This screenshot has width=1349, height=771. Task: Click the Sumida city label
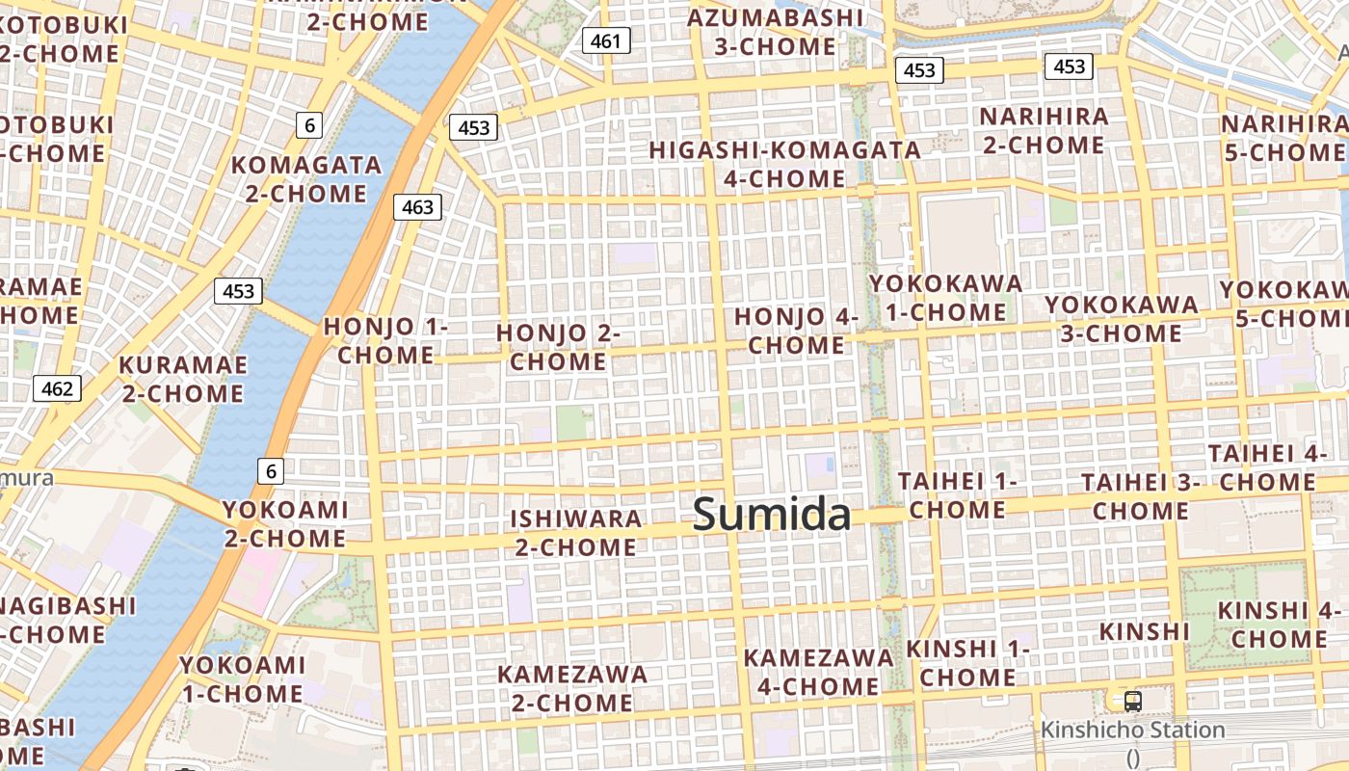772,515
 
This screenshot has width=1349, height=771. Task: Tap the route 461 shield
606,40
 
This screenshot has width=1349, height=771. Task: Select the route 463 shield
417,206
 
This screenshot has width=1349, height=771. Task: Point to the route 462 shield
57,388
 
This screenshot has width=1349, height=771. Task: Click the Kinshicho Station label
1132,730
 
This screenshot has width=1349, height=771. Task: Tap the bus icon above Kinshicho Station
1133,701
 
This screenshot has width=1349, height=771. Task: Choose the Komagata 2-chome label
306,179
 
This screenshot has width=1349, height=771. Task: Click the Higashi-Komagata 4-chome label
784,165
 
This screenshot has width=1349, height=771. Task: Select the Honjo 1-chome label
385,340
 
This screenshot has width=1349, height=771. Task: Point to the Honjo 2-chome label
558,347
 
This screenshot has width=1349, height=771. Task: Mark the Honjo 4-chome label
796,331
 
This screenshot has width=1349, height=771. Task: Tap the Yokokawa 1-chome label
945,298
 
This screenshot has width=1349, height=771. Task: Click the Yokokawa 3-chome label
1122,319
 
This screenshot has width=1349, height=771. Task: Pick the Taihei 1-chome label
957,494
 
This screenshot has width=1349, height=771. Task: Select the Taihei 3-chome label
1140,496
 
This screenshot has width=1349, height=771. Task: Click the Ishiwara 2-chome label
575,533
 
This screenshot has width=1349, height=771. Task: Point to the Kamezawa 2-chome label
572,688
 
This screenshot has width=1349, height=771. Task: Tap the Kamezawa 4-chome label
818,672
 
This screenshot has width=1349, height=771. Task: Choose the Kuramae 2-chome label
182,379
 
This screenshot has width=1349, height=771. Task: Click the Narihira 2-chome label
1044,130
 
